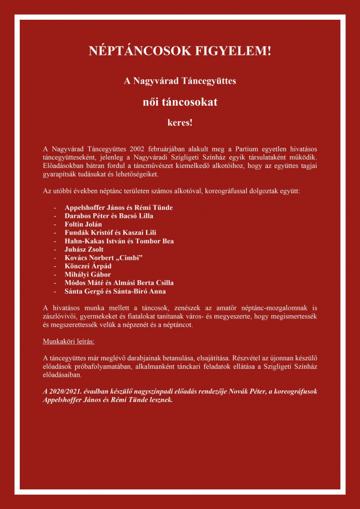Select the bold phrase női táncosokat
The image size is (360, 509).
[180, 103]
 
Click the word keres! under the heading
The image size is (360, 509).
[180, 122]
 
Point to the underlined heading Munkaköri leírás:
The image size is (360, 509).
[68, 342]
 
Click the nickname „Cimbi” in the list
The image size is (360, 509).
[127, 258]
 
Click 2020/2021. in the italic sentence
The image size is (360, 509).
[63, 391]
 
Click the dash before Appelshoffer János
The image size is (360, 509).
[55, 208]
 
